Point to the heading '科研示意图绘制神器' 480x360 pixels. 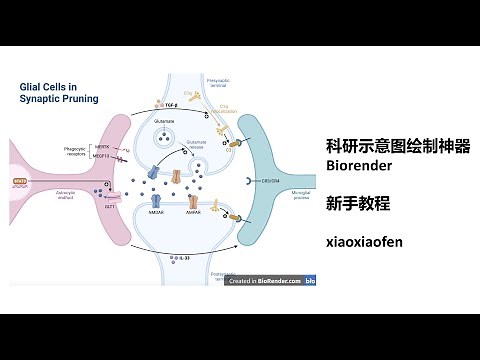point(398,145)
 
